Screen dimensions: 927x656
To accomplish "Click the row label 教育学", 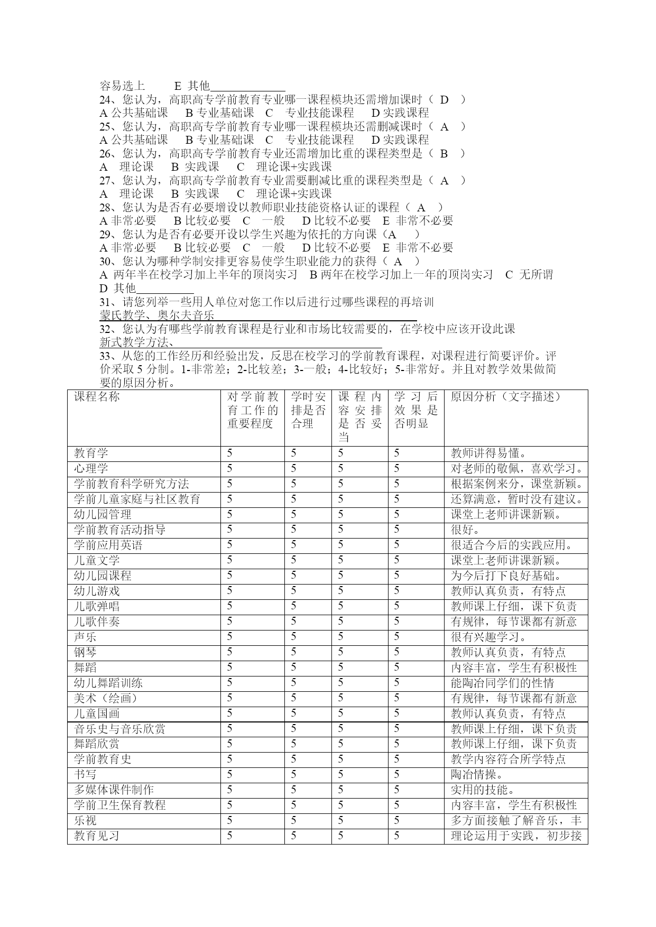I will tap(91, 453).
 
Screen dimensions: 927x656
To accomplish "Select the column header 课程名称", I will tap(97, 397).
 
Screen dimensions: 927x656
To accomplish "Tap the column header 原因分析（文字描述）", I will tap(505, 397).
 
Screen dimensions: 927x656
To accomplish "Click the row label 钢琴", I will tap(85, 652).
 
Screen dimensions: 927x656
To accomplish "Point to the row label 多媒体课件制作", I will tap(114, 790).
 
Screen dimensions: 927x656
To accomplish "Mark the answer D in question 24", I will tap(444, 100).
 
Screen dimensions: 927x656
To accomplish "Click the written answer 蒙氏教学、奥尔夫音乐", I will tap(156, 316).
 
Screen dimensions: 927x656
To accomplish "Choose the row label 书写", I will tap(85, 774).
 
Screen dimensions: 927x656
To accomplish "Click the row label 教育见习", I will tap(97, 836).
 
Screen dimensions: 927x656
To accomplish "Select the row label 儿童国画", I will tap(97, 713).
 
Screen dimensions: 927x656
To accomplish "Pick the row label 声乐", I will tap(85, 637).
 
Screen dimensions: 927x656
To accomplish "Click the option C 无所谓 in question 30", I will tap(529, 275).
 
